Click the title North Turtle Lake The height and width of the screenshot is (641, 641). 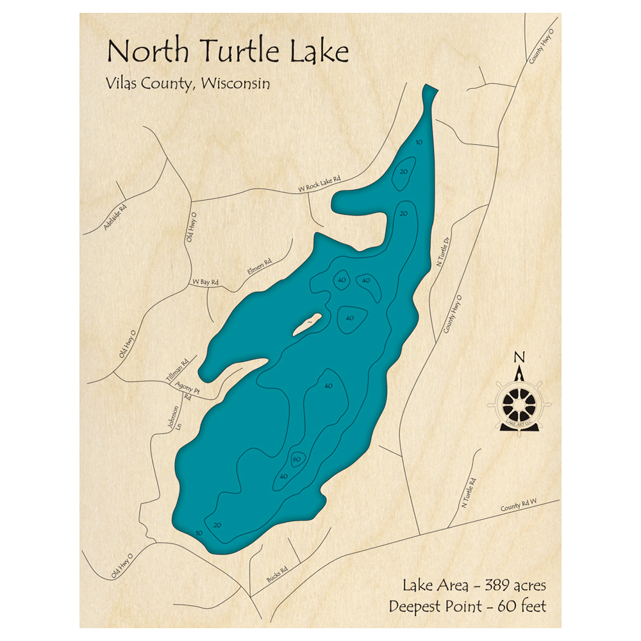click(x=228, y=51)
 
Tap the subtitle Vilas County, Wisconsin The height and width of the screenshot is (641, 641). click(x=185, y=84)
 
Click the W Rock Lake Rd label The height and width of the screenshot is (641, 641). click(x=319, y=185)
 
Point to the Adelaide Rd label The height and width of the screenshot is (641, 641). click(x=115, y=218)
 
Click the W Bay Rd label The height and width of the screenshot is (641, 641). click(x=206, y=282)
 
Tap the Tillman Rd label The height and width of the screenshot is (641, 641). click(x=178, y=371)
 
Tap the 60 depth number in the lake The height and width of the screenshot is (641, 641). click(x=296, y=460)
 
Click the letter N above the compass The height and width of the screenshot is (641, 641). click(x=520, y=358)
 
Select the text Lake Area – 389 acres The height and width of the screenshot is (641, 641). click(x=474, y=585)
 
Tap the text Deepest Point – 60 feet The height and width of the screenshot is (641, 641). click(x=467, y=606)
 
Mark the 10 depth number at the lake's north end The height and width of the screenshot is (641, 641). click(x=419, y=142)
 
